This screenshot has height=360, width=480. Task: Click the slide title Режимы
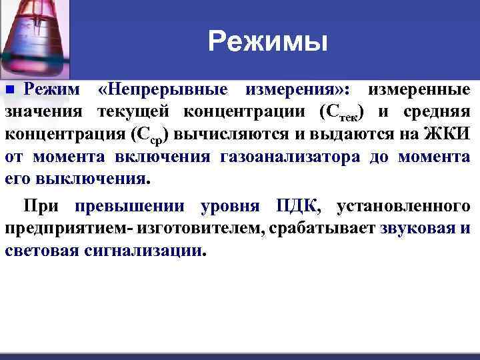[x=268, y=42]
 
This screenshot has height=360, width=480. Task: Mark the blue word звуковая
[x=417, y=229]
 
